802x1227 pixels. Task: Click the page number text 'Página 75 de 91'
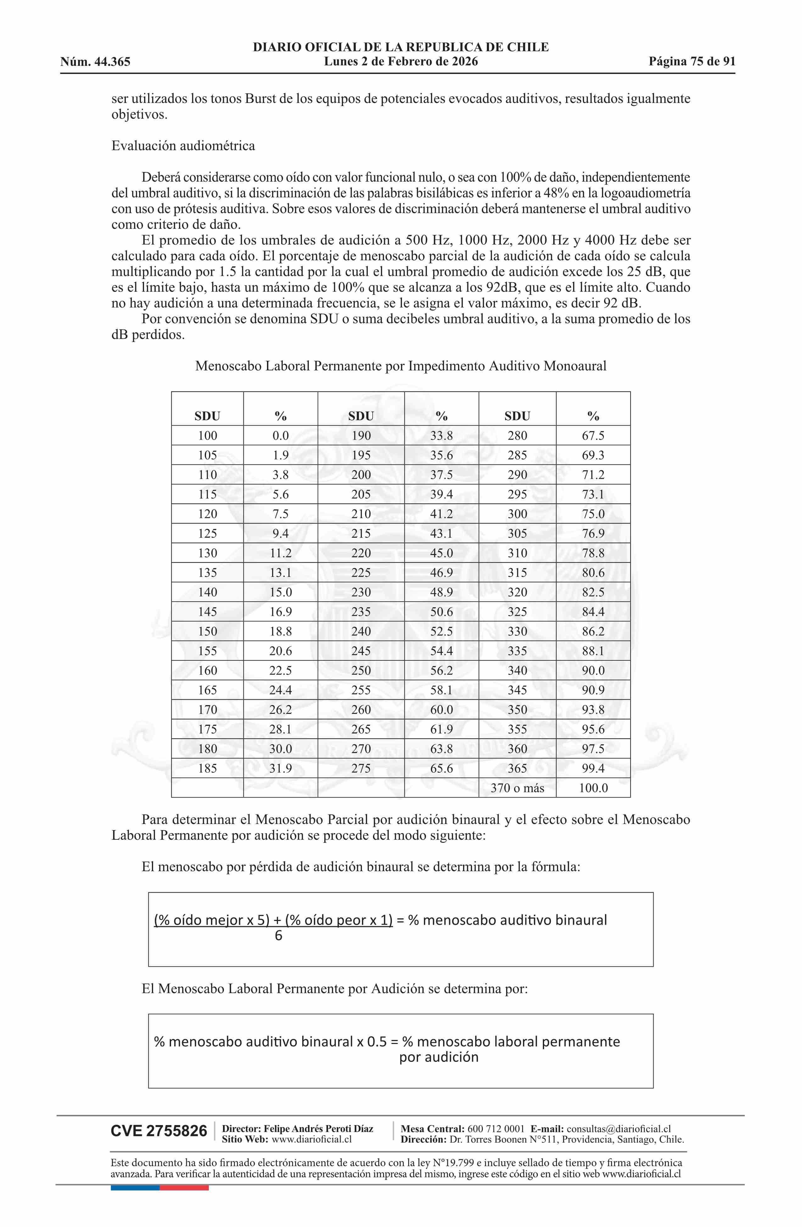click(692, 62)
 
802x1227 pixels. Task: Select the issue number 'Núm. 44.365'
click(95, 62)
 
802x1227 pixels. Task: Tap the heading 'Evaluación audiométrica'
click(183, 146)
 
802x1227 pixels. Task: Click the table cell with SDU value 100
click(207, 436)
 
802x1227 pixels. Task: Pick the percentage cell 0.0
click(281, 436)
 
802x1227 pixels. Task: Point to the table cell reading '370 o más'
click(517, 788)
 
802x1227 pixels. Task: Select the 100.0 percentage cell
click(593, 788)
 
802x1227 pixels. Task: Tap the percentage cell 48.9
click(441, 592)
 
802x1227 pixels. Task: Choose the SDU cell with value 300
click(517, 514)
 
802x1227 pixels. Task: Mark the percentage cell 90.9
click(593, 690)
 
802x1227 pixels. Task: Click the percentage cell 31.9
click(281, 769)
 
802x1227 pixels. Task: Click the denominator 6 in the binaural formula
click(278, 936)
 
